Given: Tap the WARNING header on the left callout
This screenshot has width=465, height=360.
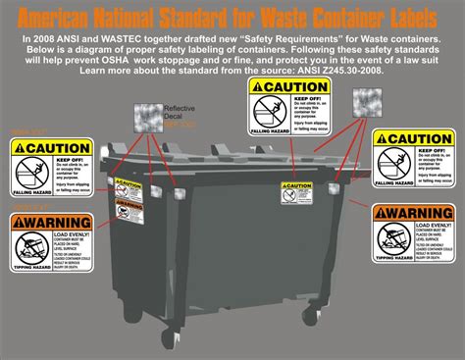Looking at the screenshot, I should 46,223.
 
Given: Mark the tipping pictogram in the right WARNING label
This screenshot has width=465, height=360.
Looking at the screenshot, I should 393,235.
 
